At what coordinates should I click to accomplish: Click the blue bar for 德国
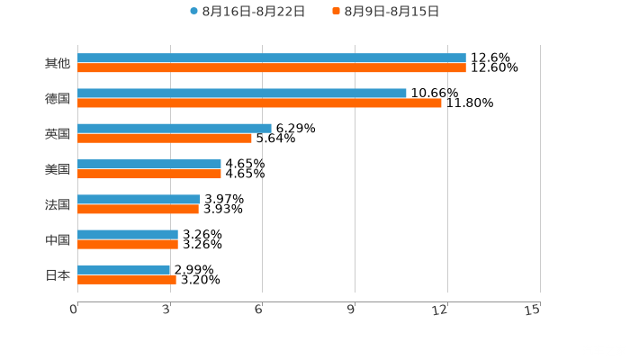click(241, 93)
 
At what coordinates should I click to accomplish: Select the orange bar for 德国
click(259, 103)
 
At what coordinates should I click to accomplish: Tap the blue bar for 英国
click(174, 128)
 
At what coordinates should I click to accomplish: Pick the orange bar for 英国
click(164, 139)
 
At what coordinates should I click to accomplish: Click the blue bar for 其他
click(271, 58)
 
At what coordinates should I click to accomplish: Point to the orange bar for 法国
click(138, 210)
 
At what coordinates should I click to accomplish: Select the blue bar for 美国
click(148, 164)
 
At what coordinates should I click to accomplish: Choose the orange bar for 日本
click(126, 280)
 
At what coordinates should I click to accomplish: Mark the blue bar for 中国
click(127, 234)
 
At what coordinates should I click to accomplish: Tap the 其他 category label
click(57, 63)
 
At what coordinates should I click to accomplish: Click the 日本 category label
click(57, 275)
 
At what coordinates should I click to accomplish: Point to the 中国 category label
click(57, 240)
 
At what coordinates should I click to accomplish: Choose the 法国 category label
click(57, 204)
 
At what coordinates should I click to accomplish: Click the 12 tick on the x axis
click(441, 310)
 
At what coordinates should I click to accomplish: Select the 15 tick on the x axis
click(533, 310)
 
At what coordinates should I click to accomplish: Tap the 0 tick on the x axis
click(74, 310)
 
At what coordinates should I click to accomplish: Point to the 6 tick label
click(258, 310)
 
